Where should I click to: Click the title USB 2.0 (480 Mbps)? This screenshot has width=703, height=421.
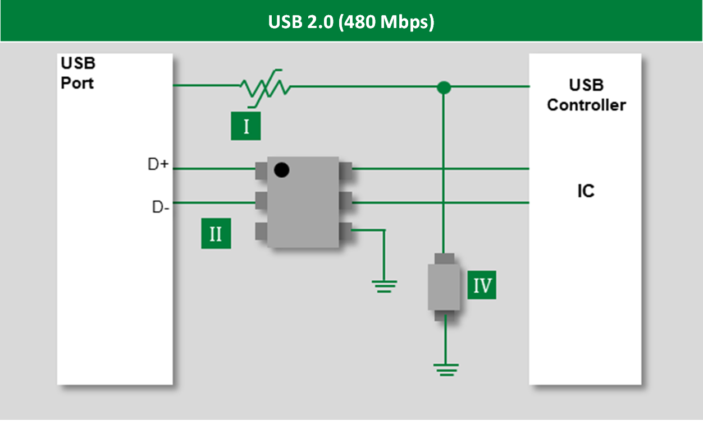coord(351,22)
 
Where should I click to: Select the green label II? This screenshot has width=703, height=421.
coord(216,234)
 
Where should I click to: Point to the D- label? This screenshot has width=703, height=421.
coord(161,207)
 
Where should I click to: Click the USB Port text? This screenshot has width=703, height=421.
coord(77,73)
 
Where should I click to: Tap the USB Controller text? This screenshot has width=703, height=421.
coord(586,95)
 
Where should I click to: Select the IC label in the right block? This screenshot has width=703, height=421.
coord(586,191)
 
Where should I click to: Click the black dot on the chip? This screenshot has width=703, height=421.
coord(281,169)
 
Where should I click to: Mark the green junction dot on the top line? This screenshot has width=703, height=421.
coord(444,87)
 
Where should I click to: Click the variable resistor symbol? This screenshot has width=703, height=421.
coord(264,87)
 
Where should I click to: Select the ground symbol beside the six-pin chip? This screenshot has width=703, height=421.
coord(385,286)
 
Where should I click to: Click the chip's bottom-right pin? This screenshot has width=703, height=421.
coord(345,229)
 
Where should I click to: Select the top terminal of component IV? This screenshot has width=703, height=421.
coord(445,259)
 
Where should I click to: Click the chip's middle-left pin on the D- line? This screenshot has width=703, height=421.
coord(261,200)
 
